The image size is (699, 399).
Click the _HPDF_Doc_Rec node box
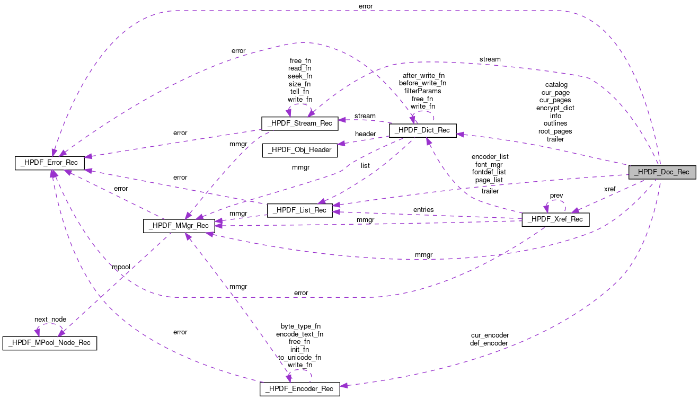(662, 172)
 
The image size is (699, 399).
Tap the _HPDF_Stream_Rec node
(299, 123)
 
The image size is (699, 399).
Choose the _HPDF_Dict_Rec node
(422, 130)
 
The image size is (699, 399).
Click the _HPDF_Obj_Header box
(299, 150)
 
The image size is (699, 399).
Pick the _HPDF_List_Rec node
(299, 210)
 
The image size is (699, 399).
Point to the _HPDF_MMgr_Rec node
(179, 226)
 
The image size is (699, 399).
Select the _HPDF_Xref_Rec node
(555, 220)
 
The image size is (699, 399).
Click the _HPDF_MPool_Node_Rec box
(50, 343)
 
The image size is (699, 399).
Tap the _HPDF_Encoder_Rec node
(299, 389)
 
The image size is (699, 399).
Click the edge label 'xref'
(609, 189)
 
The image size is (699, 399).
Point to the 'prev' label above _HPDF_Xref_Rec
(556, 196)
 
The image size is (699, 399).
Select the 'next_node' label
(50, 320)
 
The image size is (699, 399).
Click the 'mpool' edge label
(121, 267)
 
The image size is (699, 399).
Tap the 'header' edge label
(365, 134)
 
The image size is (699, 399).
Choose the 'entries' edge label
(423, 210)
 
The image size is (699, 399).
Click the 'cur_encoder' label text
(489, 335)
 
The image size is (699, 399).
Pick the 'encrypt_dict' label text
(555, 108)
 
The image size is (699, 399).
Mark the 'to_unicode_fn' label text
(299, 357)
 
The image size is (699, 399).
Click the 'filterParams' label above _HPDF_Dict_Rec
(422, 91)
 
